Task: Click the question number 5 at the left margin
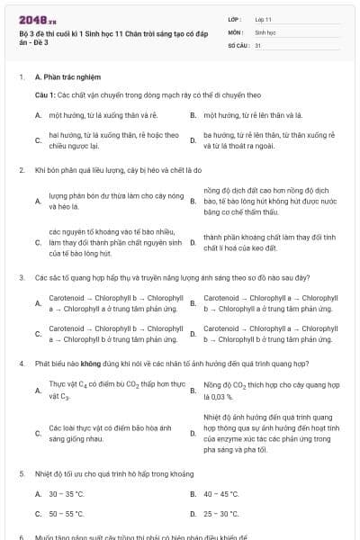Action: click(22, 472)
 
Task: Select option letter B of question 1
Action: click(193, 116)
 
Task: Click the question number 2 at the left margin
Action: click(22, 169)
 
